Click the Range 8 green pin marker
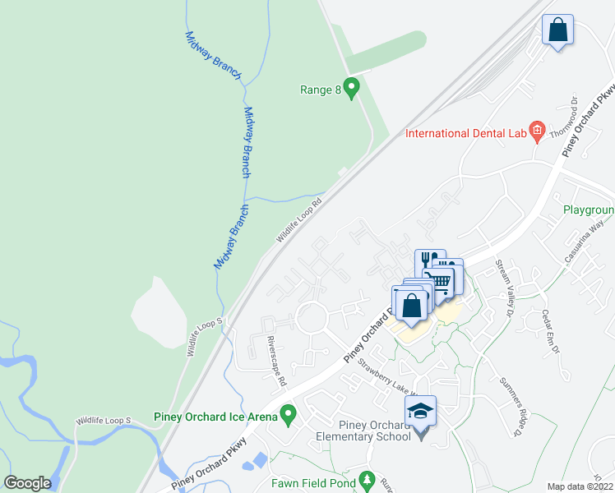pyautogui.click(x=353, y=87)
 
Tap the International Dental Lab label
pyautogui.click(x=465, y=133)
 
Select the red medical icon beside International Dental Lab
pyautogui.click(x=537, y=130)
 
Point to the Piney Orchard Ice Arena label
pyautogui.click(x=215, y=417)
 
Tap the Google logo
pyautogui.click(x=27, y=483)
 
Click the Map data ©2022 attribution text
pyautogui.click(x=580, y=486)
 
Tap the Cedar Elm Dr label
pyautogui.click(x=549, y=331)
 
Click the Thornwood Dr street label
pyautogui.click(x=572, y=118)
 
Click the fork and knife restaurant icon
pyautogui.click(x=426, y=258)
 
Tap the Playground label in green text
pyautogui.click(x=589, y=210)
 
